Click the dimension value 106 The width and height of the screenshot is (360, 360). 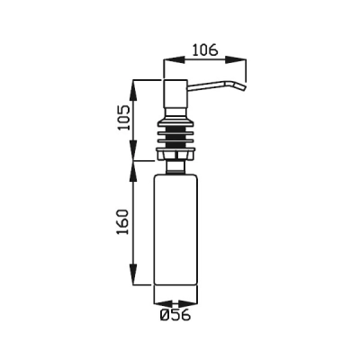click(204, 49)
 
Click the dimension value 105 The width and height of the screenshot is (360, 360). click(124, 117)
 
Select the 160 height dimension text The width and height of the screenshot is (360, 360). click(122, 222)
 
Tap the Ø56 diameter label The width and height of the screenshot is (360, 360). click(175, 315)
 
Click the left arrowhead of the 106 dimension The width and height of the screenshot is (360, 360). click(173, 59)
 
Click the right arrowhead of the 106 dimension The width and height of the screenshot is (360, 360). click(236, 59)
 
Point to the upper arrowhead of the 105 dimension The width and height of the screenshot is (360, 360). click(133, 90)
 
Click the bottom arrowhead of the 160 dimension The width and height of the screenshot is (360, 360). click(133, 274)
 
